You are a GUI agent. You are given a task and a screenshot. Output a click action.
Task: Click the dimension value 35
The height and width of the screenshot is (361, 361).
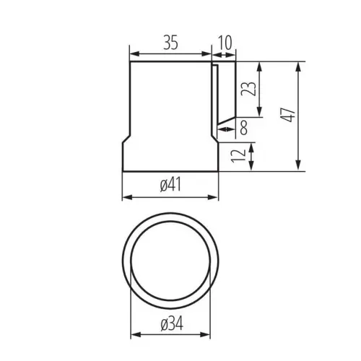pyautogui.click(x=170, y=43)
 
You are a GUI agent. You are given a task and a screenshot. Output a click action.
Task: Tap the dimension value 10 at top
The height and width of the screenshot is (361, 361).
pyautogui.click(x=225, y=43)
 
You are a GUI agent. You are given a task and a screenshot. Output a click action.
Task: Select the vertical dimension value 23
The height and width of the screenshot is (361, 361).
pyautogui.click(x=249, y=89)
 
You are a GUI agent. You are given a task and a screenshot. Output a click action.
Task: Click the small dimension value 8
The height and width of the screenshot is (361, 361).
pyautogui.click(x=244, y=128)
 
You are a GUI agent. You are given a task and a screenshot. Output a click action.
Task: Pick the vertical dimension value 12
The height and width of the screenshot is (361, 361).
pyautogui.click(x=238, y=156)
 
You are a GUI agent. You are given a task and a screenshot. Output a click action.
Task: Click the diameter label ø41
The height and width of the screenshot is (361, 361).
pyautogui.click(x=170, y=185)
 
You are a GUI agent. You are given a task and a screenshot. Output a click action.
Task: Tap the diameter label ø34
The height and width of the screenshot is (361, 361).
pyautogui.click(x=172, y=323)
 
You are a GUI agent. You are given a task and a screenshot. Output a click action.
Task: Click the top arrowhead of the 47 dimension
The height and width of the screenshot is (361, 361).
pyautogui.click(x=298, y=66)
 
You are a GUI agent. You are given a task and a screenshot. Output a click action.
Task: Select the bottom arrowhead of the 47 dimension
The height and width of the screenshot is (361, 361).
pyautogui.click(x=298, y=166)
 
